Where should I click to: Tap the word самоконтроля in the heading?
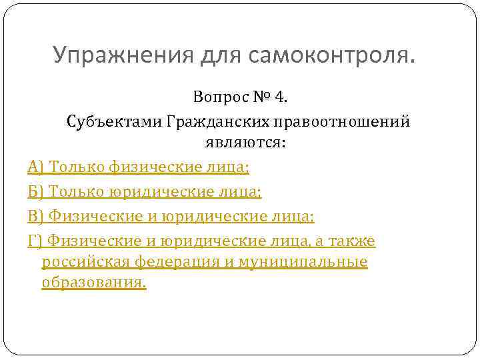tap(330, 55)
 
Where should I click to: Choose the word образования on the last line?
tap(93, 283)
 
